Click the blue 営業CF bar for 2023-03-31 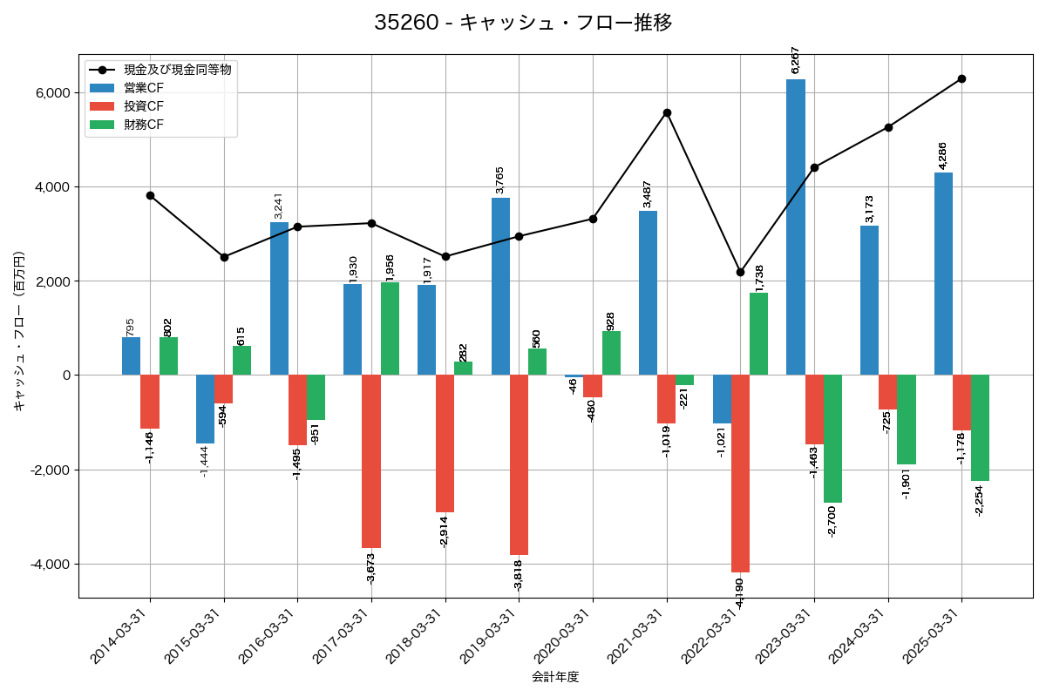pyautogui.click(x=795, y=227)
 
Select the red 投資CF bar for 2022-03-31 pyautogui.click(x=740, y=473)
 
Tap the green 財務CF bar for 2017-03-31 pyautogui.click(x=390, y=328)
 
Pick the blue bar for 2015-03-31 pyautogui.click(x=205, y=409)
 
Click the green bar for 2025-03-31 pyautogui.click(x=980, y=428)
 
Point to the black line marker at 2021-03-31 pyautogui.click(x=667, y=112)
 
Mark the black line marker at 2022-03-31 pyautogui.click(x=740, y=272)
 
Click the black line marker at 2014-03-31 pyautogui.click(x=150, y=195)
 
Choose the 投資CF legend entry pyautogui.click(x=143, y=106)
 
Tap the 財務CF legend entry pyautogui.click(x=143, y=125)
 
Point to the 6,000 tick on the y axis pyautogui.click(x=52, y=93)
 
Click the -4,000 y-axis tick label pyautogui.click(x=50, y=565)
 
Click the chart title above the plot pyautogui.click(x=523, y=23)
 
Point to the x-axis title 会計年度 pyautogui.click(x=555, y=677)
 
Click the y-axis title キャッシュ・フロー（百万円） pyautogui.click(x=19, y=331)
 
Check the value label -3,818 pyautogui.click(x=519, y=572)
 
